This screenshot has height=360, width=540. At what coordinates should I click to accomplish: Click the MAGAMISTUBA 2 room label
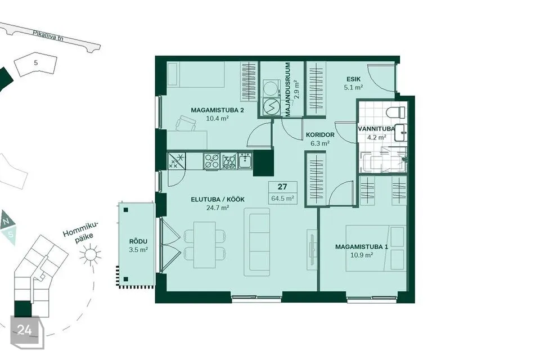tap(217, 110)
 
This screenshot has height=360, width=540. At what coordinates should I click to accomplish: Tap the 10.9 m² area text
tap(362, 255)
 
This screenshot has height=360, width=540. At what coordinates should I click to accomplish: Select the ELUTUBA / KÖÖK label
tap(218, 200)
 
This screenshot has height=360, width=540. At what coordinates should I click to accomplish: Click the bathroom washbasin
tap(400, 133)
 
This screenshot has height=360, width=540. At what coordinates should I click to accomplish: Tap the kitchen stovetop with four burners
tap(211, 161)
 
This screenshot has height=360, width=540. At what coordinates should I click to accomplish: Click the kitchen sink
tap(245, 161)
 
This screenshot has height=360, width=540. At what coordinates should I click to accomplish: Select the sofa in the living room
tap(257, 242)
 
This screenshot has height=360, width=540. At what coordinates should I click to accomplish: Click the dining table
tap(205, 245)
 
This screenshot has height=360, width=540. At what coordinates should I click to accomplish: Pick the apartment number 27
tap(282, 187)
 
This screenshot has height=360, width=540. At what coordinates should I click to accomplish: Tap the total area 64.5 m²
tap(282, 199)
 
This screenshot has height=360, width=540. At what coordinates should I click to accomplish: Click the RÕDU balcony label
tap(138, 241)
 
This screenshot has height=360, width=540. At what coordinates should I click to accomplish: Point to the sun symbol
tap(90, 255)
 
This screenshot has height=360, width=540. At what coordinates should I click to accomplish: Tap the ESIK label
tap(354, 79)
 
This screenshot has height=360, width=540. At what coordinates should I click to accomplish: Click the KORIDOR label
tap(320, 134)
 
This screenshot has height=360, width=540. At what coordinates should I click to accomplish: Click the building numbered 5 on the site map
tap(36, 64)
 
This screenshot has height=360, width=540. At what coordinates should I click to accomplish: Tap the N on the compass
tap(6, 222)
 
